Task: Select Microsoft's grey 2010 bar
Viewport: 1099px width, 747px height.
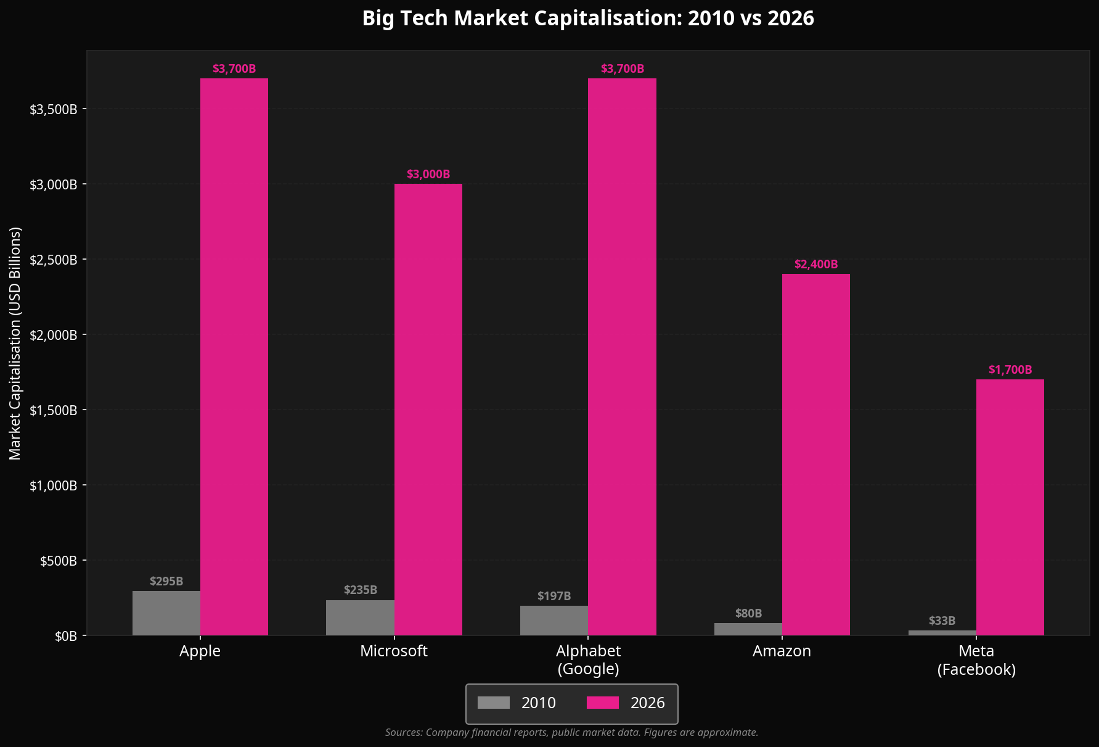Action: pyautogui.click(x=360, y=617)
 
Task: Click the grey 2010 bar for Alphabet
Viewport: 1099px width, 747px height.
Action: pyautogui.click(x=554, y=621)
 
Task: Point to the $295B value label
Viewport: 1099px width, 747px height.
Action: pyautogui.click(x=166, y=581)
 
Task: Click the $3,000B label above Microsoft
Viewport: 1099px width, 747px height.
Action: pyautogui.click(x=428, y=175)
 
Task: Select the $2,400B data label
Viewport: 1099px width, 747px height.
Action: pyautogui.click(x=815, y=265)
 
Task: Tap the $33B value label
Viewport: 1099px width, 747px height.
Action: pyautogui.click(x=942, y=621)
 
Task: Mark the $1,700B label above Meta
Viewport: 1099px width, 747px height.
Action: pyautogui.click(x=1010, y=370)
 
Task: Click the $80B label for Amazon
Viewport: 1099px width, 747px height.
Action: pyautogui.click(x=748, y=614)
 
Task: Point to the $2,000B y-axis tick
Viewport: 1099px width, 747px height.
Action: pyautogui.click(x=54, y=335)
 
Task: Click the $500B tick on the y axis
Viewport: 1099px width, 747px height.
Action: pyautogui.click(x=59, y=561)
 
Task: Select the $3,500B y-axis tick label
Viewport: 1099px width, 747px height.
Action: pyautogui.click(x=54, y=109)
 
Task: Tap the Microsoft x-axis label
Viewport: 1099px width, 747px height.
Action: pyautogui.click(x=394, y=651)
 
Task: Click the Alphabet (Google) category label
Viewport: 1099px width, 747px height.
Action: pyautogui.click(x=588, y=660)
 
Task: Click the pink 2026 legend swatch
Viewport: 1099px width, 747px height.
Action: pyautogui.click(x=602, y=703)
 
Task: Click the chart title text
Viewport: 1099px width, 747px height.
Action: pyautogui.click(x=588, y=19)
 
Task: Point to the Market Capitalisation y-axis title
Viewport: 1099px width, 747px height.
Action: pyautogui.click(x=15, y=343)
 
